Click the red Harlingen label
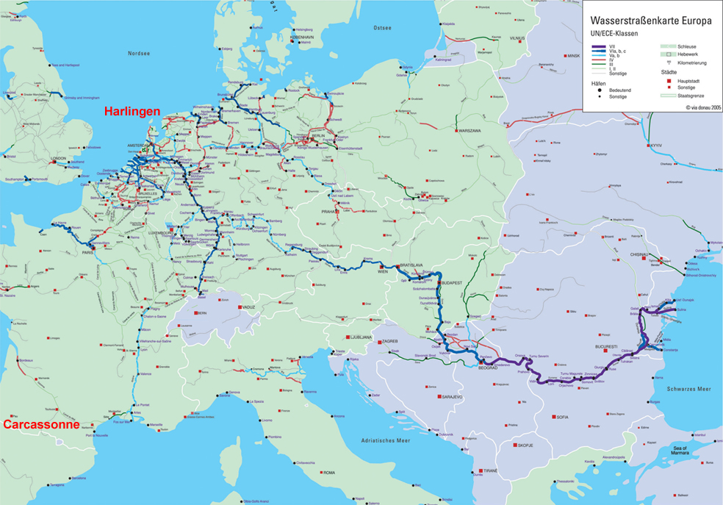(132, 111)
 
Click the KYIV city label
(656, 146)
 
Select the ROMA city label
(329, 472)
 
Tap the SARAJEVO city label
(452, 397)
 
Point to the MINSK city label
(573, 55)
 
